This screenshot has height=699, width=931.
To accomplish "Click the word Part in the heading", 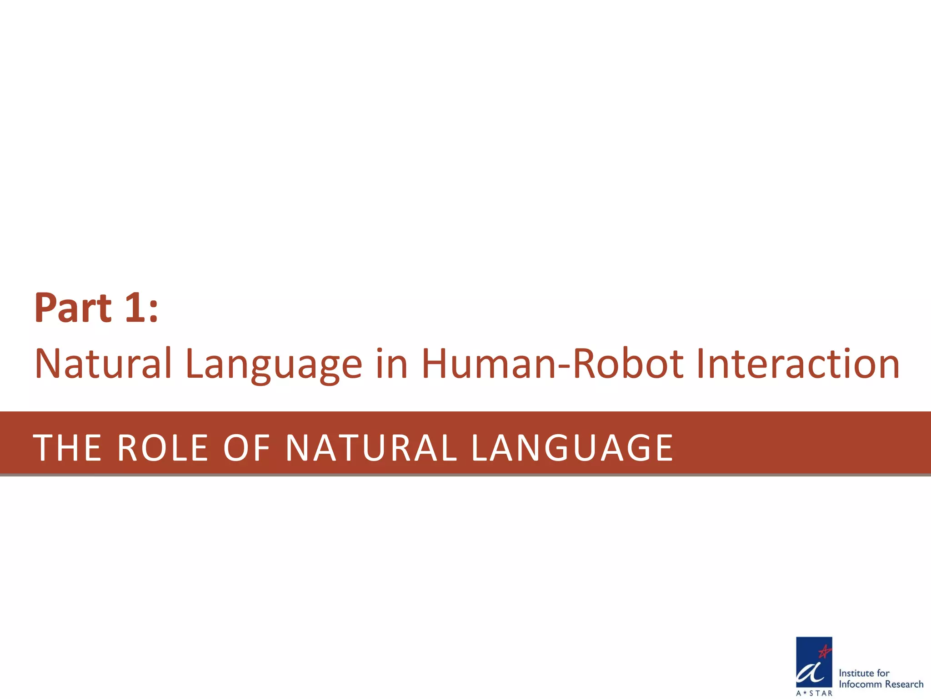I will click(73, 308).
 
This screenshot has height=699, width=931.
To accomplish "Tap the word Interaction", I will click(798, 364).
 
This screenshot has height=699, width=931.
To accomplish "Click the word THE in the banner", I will click(67, 448).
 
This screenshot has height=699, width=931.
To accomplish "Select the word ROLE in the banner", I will click(163, 448).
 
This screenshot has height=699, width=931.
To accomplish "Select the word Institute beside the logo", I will click(856, 673).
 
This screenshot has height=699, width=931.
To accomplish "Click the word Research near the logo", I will click(904, 684).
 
